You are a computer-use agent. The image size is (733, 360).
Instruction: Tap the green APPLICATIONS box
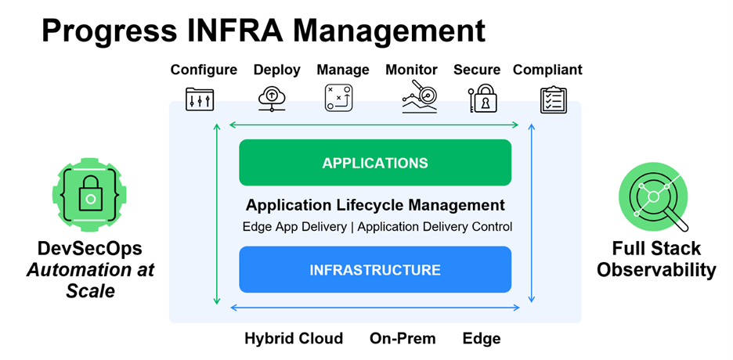(x=374, y=163)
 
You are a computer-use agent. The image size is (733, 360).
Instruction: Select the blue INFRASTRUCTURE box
(x=374, y=270)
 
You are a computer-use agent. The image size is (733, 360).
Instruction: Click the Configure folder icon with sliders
(x=200, y=99)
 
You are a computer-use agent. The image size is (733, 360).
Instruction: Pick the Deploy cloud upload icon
(x=272, y=99)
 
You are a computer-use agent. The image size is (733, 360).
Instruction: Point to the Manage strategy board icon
(x=339, y=99)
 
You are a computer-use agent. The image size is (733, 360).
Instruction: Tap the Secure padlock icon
(x=483, y=99)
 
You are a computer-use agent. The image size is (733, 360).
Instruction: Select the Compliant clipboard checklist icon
(x=554, y=99)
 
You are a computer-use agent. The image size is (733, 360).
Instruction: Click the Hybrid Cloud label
(x=294, y=339)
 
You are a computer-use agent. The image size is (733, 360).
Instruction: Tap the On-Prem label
(x=403, y=339)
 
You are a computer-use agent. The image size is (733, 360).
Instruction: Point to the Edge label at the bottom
(x=481, y=339)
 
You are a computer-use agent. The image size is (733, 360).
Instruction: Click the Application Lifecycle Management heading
(x=375, y=206)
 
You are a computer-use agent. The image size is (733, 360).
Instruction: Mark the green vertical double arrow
(x=217, y=211)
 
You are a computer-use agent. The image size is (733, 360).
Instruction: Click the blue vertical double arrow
(x=532, y=211)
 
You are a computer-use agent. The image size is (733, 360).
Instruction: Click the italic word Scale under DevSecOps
(x=90, y=291)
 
